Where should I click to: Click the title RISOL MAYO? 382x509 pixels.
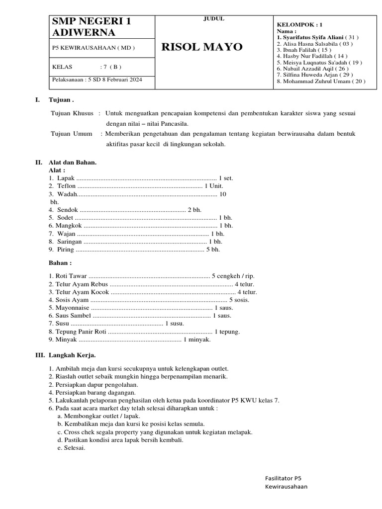coord(202,47)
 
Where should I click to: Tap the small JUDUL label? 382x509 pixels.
coord(214,19)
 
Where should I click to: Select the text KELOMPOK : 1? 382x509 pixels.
coord(299,24)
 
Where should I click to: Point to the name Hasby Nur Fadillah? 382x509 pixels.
coord(308,56)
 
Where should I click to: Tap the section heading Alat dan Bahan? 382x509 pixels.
coord(73,163)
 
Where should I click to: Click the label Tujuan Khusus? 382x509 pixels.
coord(72,113)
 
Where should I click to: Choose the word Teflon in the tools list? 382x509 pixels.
coord(67,186)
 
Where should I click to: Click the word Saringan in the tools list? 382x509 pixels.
coord(69,242)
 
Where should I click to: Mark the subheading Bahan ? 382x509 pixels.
coord(60,262)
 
